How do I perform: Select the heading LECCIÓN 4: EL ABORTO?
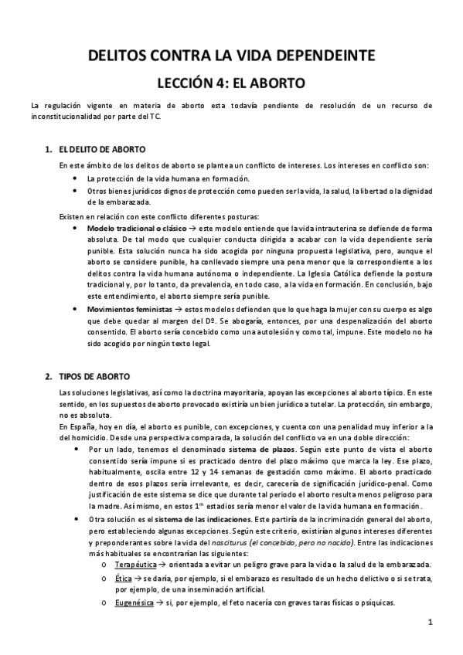[231, 82]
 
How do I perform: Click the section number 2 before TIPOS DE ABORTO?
[48, 376]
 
